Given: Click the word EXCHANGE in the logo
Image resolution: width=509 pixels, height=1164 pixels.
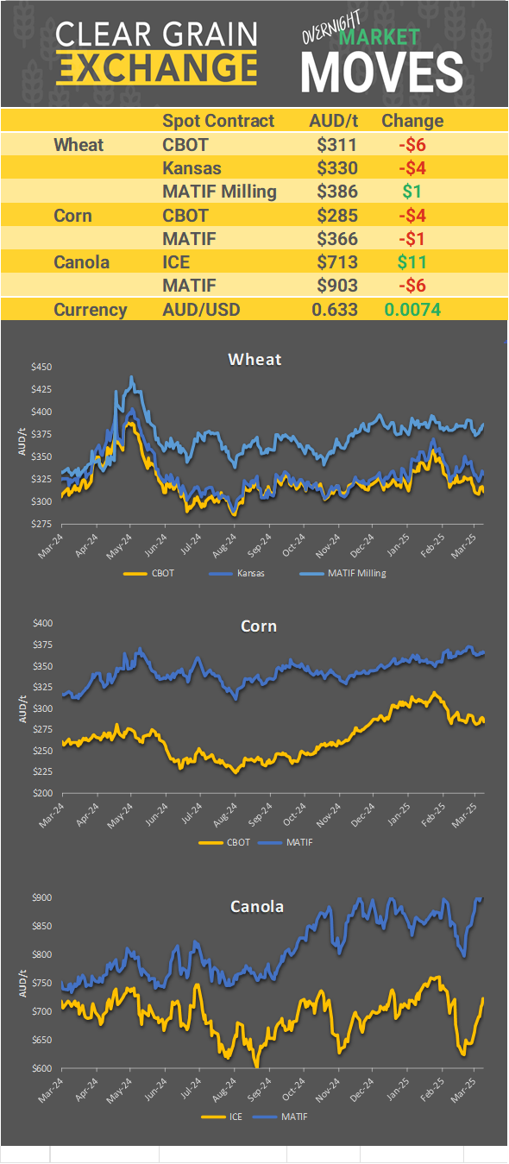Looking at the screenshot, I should coord(156,67).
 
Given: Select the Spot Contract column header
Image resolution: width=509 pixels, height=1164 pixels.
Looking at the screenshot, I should coord(218,121).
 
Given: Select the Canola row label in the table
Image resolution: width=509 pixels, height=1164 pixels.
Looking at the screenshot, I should coord(81,261).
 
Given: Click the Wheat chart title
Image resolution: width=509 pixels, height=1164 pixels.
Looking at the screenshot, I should coord(255,359).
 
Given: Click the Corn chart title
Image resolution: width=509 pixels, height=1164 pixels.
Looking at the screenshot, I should coord(258,625).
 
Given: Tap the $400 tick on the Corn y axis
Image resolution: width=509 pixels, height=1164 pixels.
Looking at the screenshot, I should coord(42,623).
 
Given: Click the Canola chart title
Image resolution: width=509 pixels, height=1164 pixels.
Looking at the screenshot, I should coord(256,906).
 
